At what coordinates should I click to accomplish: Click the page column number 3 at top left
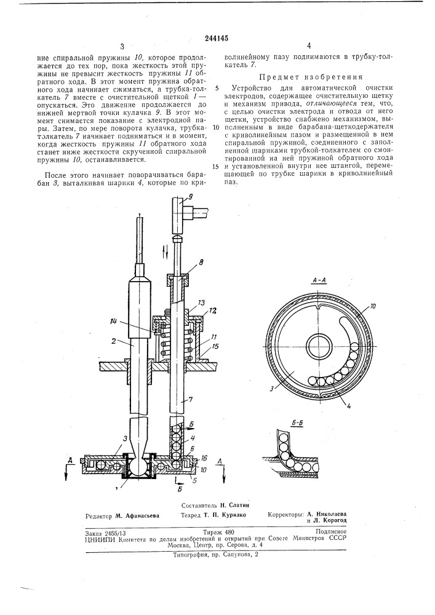(x=122, y=47)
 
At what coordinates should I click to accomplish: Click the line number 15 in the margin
(x=216, y=166)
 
